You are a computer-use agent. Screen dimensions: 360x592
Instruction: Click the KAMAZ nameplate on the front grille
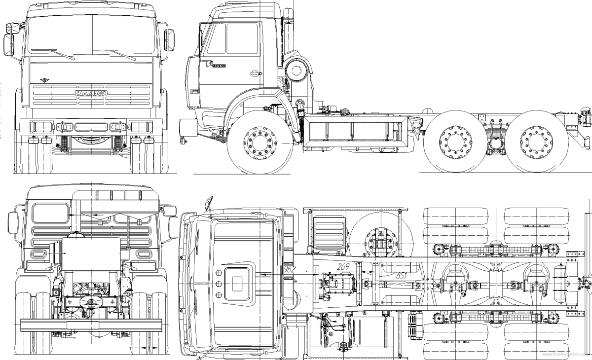click(92, 93)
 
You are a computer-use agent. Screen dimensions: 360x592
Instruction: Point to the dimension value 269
click(344, 267)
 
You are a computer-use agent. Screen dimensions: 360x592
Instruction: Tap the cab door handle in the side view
click(256, 74)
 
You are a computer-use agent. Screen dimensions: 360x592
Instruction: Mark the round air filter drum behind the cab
click(296, 70)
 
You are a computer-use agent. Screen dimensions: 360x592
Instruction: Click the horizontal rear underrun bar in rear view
click(91, 324)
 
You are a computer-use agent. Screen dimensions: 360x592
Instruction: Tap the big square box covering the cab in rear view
click(91, 254)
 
